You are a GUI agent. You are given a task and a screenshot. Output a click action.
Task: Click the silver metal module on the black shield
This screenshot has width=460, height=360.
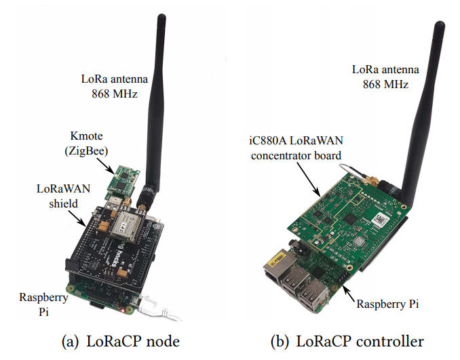click(127, 223)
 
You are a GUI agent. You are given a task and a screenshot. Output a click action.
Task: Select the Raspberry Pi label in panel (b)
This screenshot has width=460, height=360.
click(388, 304)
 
